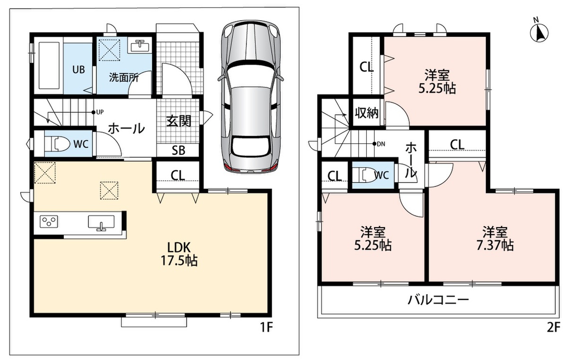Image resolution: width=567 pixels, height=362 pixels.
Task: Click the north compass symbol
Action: click(x=539, y=31)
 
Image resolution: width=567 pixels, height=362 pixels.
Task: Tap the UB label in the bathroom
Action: click(x=79, y=69)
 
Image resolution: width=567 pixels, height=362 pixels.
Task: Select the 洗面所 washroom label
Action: click(x=124, y=77)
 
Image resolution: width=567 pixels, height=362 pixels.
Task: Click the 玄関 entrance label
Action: click(x=179, y=121)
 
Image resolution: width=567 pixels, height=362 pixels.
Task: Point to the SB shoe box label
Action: click(x=179, y=151)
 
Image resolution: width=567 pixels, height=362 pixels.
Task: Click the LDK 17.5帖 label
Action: click(x=179, y=254)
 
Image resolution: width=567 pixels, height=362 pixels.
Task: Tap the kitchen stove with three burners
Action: click(x=49, y=222)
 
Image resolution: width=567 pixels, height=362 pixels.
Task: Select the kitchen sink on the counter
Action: click(x=101, y=222)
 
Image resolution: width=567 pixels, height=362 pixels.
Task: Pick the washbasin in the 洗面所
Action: click(x=139, y=46)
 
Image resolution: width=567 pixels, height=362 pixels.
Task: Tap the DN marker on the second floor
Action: click(x=379, y=144)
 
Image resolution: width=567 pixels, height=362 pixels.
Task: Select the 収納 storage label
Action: click(x=367, y=113)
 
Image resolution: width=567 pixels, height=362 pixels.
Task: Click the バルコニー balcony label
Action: click(x=438, y=300)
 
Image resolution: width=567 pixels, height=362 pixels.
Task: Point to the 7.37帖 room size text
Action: click(x=495, y=245)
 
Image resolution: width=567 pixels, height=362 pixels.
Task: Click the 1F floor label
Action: click(x=266, y=328)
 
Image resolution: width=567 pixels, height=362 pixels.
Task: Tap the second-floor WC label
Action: click(x=381, y=175)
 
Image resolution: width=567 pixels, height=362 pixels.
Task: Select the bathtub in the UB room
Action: click(x=49, y=66)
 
